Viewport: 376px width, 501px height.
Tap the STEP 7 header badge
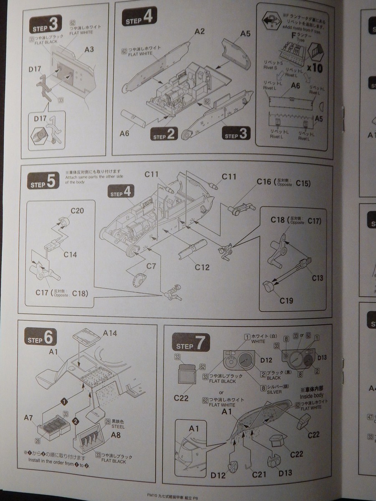(x=191, y=344)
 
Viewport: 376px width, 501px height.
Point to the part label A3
(x=89, y=49)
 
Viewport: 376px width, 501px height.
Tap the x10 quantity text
(x=314, y=68)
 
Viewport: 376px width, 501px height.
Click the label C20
(x=77, y=210)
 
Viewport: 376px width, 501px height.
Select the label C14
(x=70, y=254)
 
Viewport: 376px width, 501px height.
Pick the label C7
(x=151, y=265)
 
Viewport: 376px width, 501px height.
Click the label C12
(x=202, y=267)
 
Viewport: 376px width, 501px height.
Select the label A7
(x=29, y=417)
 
